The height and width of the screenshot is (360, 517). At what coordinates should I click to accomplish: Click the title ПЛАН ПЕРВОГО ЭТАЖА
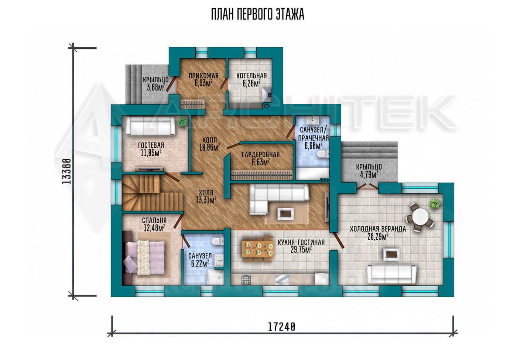[258, 14]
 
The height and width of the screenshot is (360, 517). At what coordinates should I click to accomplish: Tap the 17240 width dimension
[281, 327]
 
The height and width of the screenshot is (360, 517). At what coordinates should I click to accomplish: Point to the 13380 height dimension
[66, 171]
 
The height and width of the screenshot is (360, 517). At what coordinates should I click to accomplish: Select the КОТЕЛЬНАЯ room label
[251, 76]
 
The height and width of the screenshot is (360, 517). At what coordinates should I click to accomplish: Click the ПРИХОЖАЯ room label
[203, 76]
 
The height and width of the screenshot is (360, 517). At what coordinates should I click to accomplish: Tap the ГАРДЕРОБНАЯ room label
[261, 154]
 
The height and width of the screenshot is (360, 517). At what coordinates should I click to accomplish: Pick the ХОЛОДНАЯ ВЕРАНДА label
[378, 229]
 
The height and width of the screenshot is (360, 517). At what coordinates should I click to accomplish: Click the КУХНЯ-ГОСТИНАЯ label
[301, 242]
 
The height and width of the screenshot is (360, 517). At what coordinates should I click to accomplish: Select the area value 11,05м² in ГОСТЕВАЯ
[151, 153]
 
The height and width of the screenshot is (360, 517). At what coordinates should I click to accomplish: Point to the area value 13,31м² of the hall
[206, 200]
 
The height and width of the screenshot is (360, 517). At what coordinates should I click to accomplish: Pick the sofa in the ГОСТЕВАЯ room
[151, 127]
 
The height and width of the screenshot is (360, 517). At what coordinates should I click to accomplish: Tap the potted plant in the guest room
[182, 121]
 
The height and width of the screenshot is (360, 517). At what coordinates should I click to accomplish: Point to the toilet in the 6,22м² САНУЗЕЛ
[218, 241]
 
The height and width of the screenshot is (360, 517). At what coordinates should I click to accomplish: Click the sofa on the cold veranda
[392, 274]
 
